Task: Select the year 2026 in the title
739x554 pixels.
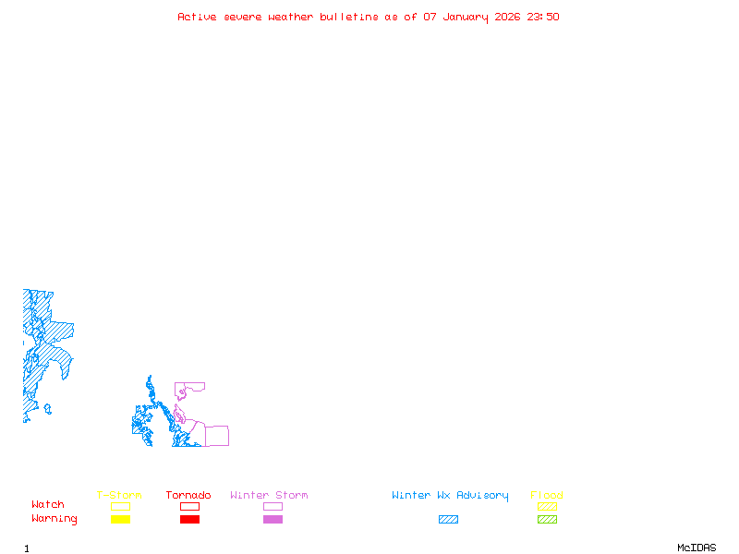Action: [509, 17]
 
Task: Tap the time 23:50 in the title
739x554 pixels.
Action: [544, 17]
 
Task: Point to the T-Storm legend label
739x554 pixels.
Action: [119, 496]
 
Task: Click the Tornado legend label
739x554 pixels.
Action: [188, 496]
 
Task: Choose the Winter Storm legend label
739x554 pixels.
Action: [269, 496]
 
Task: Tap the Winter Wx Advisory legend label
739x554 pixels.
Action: [450, 496]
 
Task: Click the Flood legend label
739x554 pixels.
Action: [547, 496]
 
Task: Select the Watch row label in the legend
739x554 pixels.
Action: [48, 505]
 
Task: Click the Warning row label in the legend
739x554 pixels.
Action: [55, 519]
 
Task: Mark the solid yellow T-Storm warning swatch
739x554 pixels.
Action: [120, 520]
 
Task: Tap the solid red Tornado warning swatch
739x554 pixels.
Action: [189, 520]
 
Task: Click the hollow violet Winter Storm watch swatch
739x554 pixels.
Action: [273, 506]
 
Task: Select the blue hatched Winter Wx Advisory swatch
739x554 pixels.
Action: [448, 520]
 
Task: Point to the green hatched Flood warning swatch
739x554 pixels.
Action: [547, 520]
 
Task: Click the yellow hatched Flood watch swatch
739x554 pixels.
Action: [547, 506]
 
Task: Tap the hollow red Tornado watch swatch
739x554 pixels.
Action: [189, 506]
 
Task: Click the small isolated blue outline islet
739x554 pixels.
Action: [47, 408]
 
